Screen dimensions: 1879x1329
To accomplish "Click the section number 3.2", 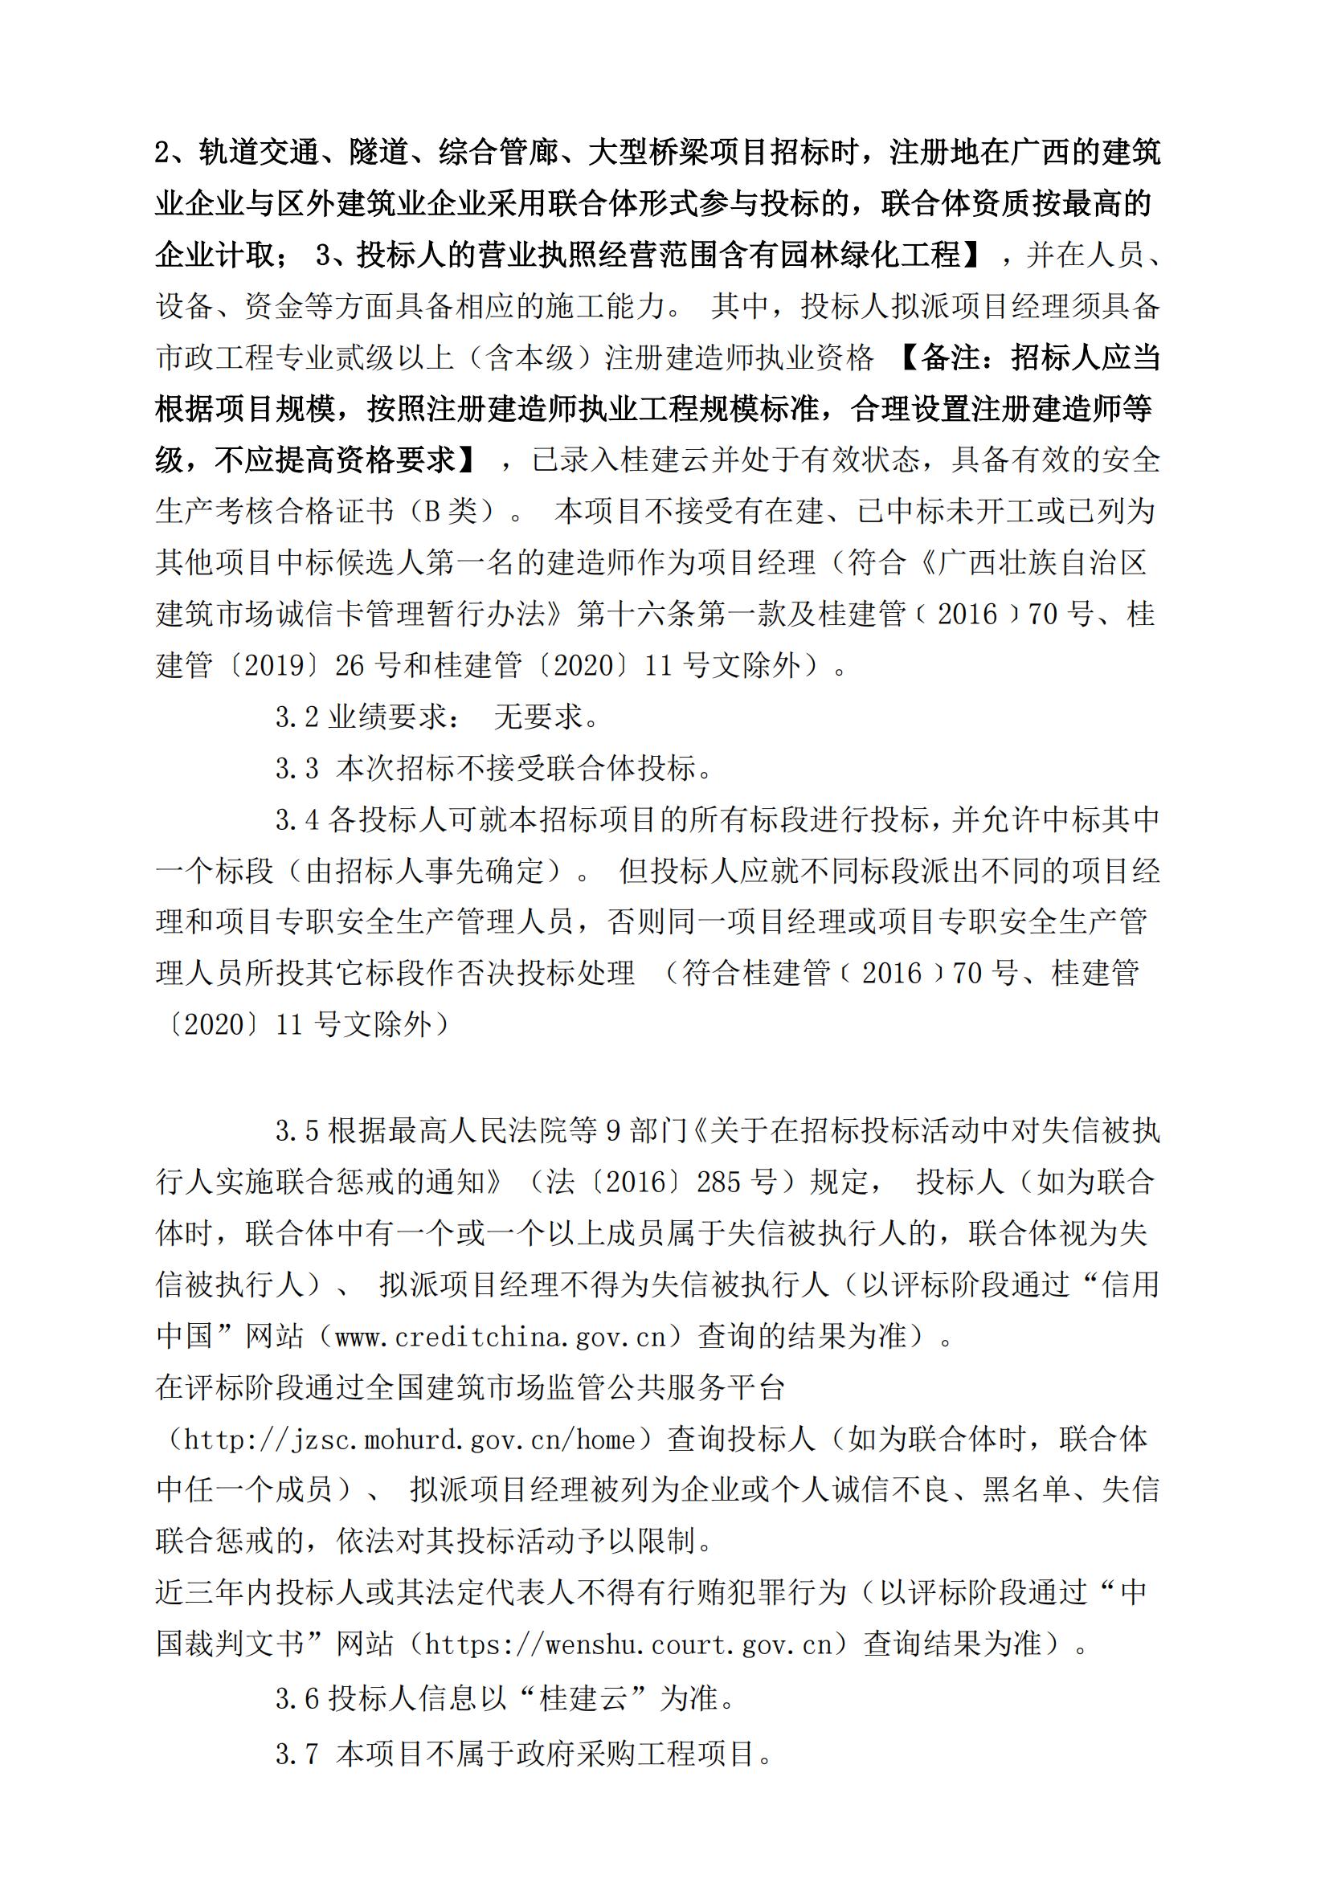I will click(x=296, y=717).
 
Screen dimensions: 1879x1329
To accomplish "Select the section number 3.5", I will click(x=296, y=1131).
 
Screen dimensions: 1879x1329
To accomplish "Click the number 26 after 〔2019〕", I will click(x=350, y=665).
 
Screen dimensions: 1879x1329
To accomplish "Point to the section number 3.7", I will click(x=296, y=1754).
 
